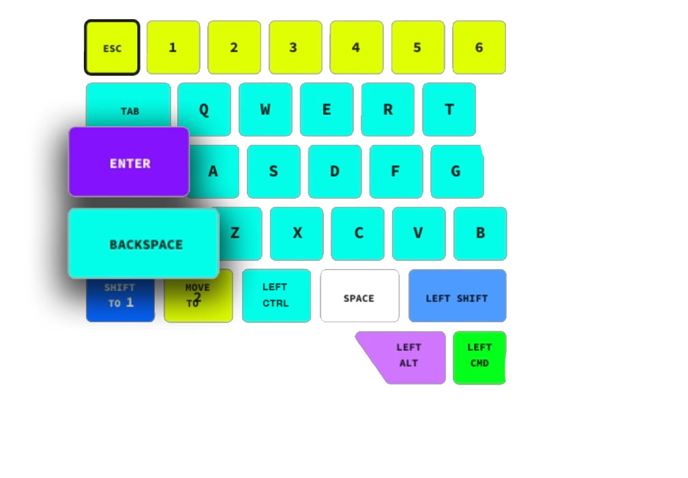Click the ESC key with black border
(112, 48)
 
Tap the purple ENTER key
(129, 163)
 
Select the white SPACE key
(359, 296)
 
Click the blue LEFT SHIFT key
(457, 296)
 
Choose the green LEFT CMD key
(479, 358)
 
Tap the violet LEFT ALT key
(409, 358)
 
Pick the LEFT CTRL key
(276, 296)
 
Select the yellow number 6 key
(479, 48)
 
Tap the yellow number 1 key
(173, 48)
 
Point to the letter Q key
(204, 109)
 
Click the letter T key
(449, 109)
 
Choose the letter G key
(456, 171)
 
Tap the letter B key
(480, 234)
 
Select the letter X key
(297, 234)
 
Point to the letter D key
(334, 171)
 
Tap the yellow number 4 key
(356, 48)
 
